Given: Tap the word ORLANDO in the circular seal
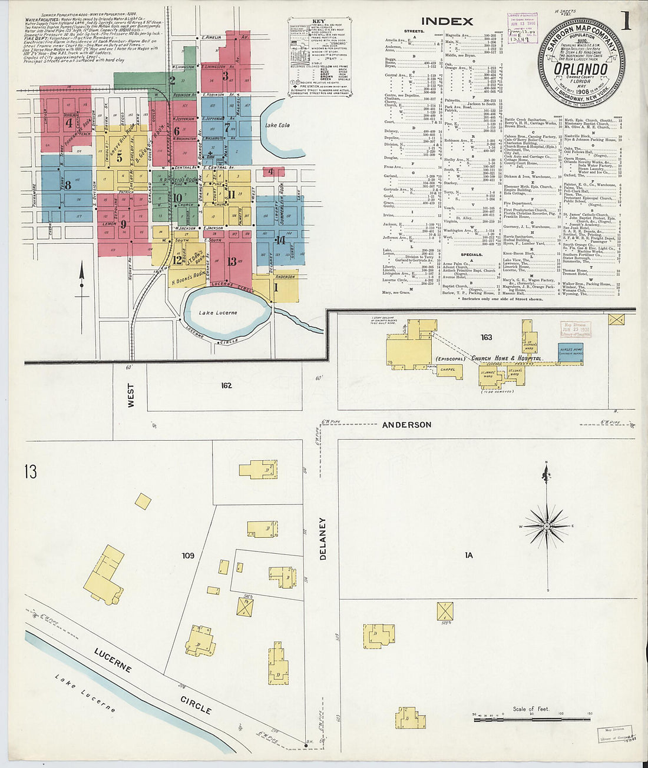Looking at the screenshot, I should [580, 68].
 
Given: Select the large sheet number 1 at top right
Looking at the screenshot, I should [624, 22].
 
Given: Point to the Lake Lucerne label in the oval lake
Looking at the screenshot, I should [217, 312].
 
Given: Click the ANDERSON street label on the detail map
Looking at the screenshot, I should [406, 424].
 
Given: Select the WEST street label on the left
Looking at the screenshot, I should [131, 395].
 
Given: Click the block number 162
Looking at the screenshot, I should [226, 385].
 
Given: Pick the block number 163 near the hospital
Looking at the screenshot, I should [486, 337].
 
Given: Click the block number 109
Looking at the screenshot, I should [187, 555].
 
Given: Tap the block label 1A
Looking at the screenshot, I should [469, 555].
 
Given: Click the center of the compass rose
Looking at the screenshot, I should [547, 525].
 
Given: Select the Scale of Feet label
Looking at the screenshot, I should [530, 709].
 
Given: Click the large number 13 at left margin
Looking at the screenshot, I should [31, 471].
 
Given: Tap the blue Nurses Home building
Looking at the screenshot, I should [569, 352].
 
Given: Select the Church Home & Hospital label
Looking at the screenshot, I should [505, 358].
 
